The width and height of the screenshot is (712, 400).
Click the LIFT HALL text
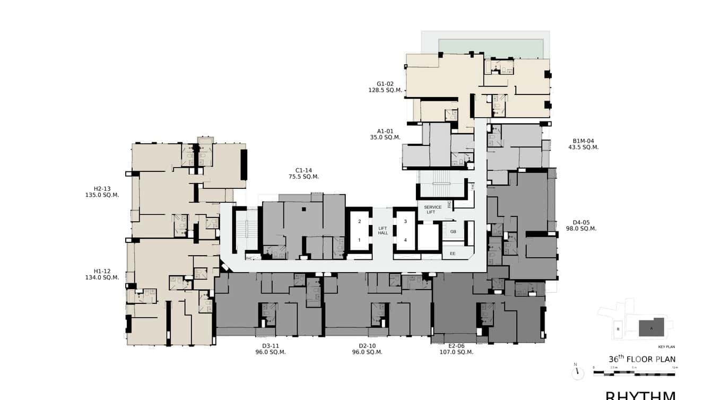pos(383,230)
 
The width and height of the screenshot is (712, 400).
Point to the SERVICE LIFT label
pos(432,210)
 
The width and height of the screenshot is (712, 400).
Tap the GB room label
pos(453,232)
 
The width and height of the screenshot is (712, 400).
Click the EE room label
pos(453,254)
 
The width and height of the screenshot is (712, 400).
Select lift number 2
pos(359,221)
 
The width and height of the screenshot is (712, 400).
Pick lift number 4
pos(405,240)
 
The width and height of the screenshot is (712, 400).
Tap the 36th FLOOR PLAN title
pos(642,359)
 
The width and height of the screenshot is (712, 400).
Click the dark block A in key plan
pos(652,327)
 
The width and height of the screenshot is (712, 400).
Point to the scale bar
pos(634,373)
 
